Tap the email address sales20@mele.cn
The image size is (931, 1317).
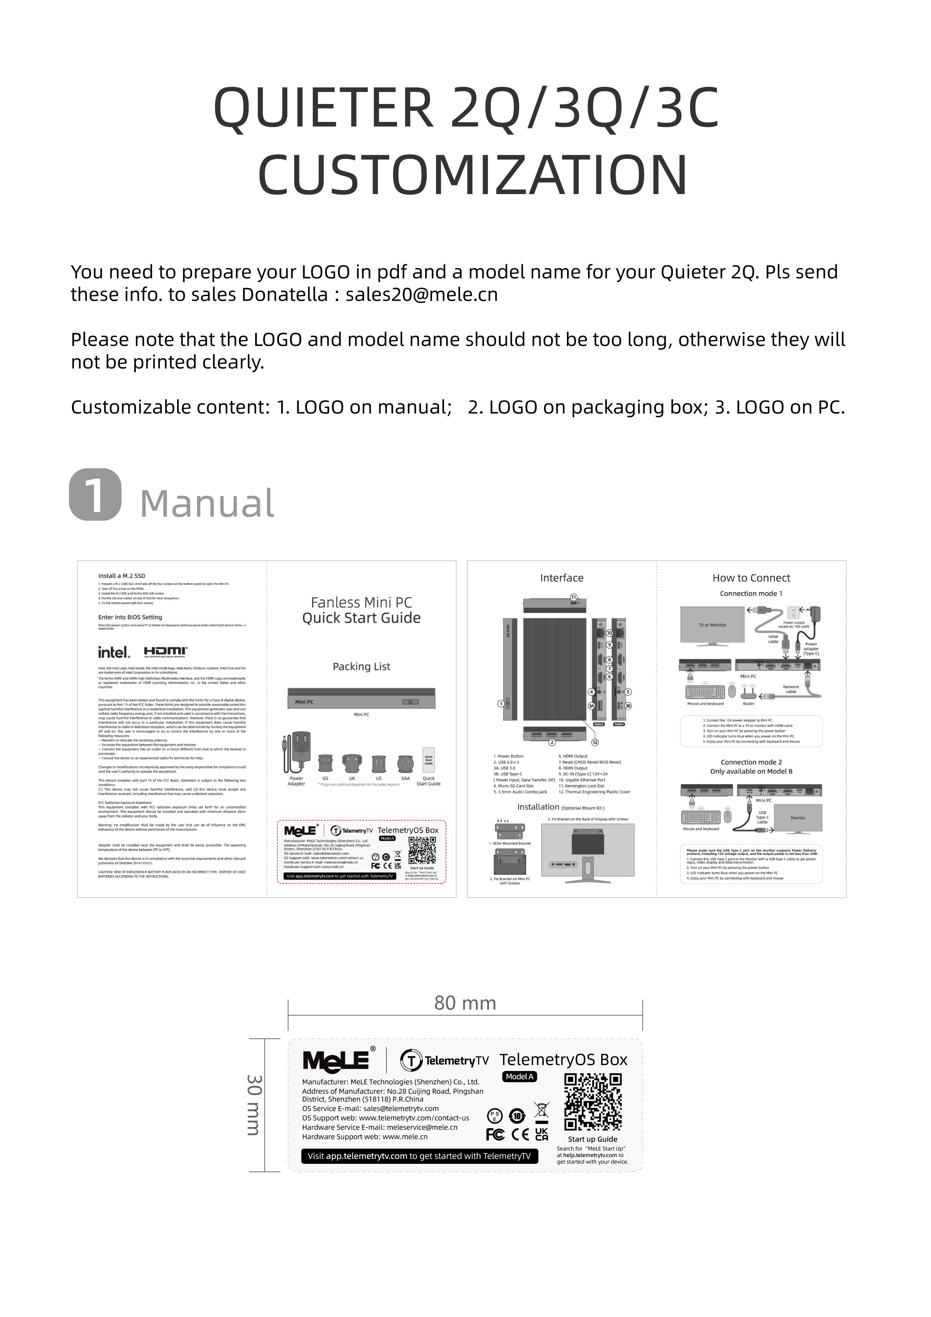421,294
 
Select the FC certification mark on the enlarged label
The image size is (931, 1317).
495,1134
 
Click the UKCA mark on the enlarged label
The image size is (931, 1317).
541,1134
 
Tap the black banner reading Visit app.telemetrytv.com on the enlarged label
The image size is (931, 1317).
420,1156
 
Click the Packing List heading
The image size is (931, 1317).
361,666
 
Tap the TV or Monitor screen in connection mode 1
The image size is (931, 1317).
713,625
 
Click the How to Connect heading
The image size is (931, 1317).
751,578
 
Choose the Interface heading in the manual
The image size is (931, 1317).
561,578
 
